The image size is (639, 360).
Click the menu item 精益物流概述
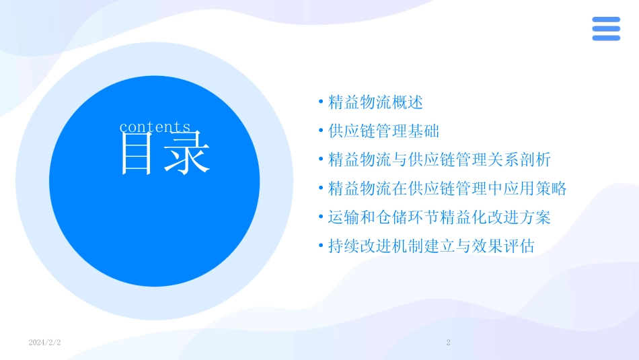coord(375,103)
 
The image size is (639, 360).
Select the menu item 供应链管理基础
coord(383,131)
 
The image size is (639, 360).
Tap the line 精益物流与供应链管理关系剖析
coord(439,160)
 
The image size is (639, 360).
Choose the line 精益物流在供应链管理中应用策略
coord(447,189)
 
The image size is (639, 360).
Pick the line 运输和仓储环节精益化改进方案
coord(439,218)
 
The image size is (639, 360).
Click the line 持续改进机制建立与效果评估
coord(431,246)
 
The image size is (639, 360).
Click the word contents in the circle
coord(155,127)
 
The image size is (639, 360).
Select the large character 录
coord(188,154)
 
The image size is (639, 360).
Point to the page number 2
coord(449,343)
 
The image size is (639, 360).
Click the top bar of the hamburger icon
coord(606,20)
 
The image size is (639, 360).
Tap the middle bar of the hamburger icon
coord(606,29)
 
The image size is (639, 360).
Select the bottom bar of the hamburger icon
coord(606,38)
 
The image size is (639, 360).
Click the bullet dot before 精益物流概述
coord(321,103)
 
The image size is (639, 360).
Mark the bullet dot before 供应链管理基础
coord(321,131)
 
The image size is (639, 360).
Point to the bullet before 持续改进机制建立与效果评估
coord(321,246)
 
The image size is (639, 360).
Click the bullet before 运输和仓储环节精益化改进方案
coord(321,218)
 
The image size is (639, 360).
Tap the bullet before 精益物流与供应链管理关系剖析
coord(321,160)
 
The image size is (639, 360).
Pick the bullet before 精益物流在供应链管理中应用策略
coord(321,189)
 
